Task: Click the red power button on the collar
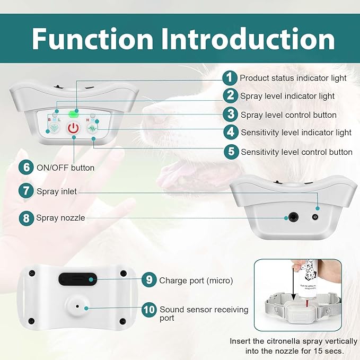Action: click(73, 128)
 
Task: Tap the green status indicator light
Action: click(74, 114)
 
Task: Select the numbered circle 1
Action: click(230, 78)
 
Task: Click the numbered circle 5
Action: click(231, 152)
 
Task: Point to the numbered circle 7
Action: click(26, 190)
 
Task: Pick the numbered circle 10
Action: click(149, 310)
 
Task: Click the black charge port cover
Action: click(77, 279)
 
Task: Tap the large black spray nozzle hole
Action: click(293, 217)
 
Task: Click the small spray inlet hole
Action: click(315, 217)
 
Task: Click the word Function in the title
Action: click(92, 39)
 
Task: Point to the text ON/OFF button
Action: click(65, 168)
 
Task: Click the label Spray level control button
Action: click(288, 115)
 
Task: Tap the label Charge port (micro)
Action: click(196, 280)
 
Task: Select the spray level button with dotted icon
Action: click(55, 127)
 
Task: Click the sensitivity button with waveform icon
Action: click(92, 128)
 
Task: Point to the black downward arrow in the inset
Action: click(293, 284)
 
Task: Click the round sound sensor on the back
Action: click(77, 306)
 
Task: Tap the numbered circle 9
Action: click(149, 279)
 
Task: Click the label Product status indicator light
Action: click(293, 78)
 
